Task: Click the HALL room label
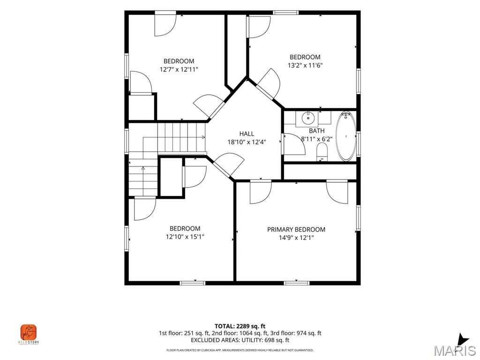point(247,134)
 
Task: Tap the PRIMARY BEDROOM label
point(296,230)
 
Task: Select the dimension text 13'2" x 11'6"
point(305,65)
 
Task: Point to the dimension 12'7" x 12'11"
point(179,69)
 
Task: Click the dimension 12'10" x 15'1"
point(185,237)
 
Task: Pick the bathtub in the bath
point(346,136)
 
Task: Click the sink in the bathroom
point(308,118)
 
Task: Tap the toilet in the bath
point(322,152)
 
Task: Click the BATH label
point(316,131)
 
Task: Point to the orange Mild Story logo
point(29,332)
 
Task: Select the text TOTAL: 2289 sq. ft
point(240,326)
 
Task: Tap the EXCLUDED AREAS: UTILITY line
point(240,340)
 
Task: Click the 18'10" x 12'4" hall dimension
point(247,142)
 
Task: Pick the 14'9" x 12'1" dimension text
point(296,238)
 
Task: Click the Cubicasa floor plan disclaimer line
point(240,350)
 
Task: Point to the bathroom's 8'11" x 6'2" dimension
point(316,139)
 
